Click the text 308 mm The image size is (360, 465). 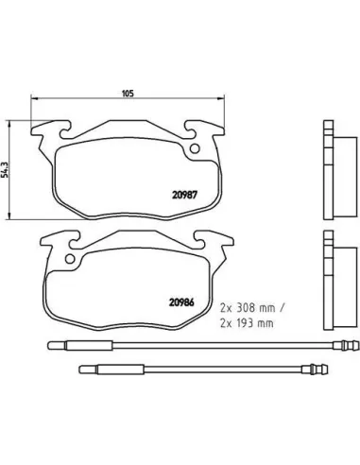pyautogui.click(x=249, y=308)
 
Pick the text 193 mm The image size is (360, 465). pyautogui.click(x=249, y=322)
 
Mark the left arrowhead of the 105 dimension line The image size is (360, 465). pyautogui.click(x=34, y=102)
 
